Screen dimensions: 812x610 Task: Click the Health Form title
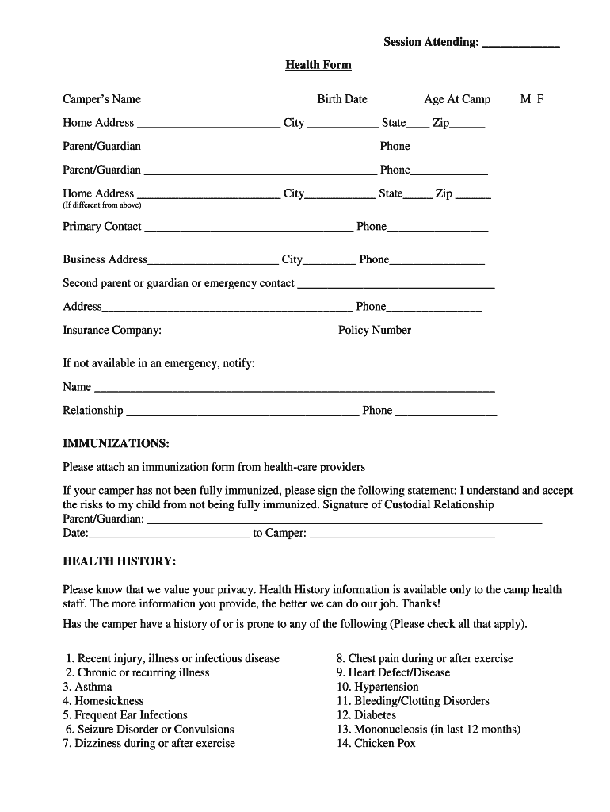[318, 65]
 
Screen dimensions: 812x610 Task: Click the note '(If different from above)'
[101, 205]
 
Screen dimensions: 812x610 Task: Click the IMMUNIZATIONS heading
[116, 442]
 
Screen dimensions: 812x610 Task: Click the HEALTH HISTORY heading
[119, 561]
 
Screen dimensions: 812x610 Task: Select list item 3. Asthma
[88, 687]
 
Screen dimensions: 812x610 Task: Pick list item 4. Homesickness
[103, 701]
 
